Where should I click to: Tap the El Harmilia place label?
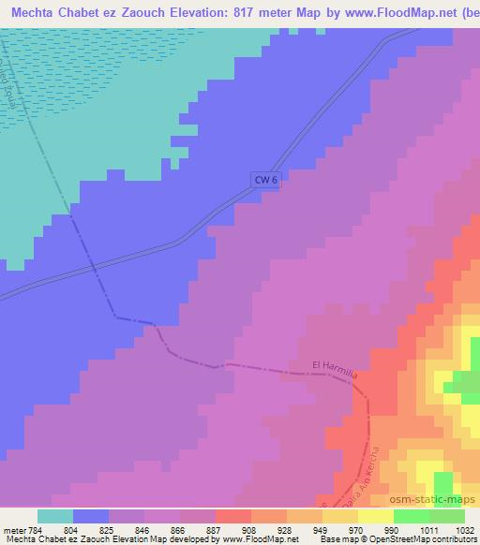coord(336,365)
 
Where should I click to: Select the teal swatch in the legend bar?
coord(54,515)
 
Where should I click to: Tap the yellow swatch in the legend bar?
coord(375,515)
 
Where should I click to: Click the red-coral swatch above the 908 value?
coord(232,515)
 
